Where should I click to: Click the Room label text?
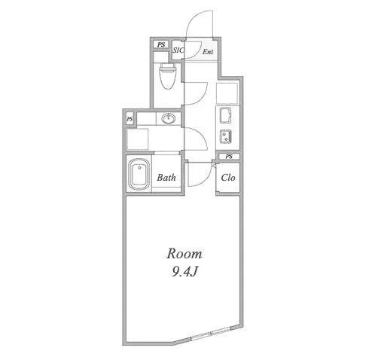(184, 254)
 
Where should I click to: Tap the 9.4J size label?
(184, 271)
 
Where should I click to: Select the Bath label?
(166, 178)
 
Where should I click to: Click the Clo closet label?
(228, 178)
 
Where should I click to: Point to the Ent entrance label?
(208, 52)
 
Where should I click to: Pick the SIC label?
(178, 50)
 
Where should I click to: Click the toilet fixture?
(167, 76)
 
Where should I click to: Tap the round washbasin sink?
(169, 118)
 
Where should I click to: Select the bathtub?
(139, 174)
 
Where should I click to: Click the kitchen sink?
(225, 115)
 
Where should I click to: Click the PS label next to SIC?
(161, 44)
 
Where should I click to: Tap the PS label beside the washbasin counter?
(130, 119)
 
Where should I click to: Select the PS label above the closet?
(229, 157)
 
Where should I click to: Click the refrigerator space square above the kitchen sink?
(227, 93)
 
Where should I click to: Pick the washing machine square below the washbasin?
(138, 139)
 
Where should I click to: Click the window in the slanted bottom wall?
(212, 333)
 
